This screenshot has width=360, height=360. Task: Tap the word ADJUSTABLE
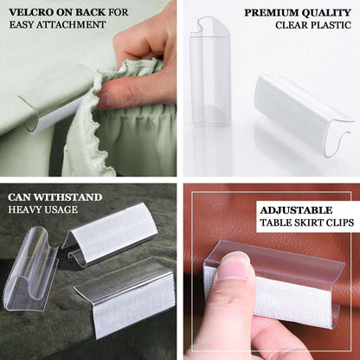[x=298, y=209]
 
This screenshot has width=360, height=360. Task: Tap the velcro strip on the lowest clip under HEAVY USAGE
[x=130, y=304]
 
